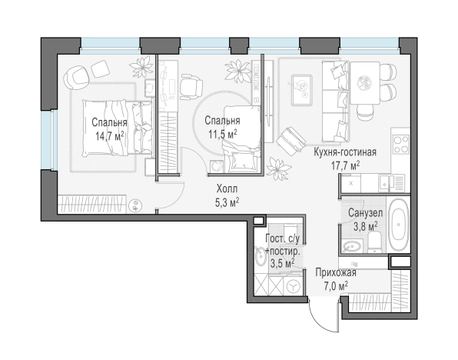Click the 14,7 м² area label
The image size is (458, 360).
(x=110, y=135)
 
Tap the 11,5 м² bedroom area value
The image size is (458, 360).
(x=222, y=134)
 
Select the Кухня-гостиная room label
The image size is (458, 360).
(x=345, y=152)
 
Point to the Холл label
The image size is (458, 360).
(x=227, y=188)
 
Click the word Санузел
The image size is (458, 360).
(x=366, y=213)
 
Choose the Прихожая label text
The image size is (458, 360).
(x=336, y=272)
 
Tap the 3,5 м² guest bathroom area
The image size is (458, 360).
(x=282, y=263)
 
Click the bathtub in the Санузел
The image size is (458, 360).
(x=398, y=225)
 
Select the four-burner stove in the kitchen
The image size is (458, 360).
(x=401, y=145)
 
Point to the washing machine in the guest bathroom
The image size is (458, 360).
(x=293, y=285)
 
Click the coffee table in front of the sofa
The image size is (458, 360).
(x=302, y=90)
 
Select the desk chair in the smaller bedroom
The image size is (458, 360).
(x=191, y=86)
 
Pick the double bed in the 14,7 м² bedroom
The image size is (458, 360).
(x=118, y=127)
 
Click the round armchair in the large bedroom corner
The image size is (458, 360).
(x=76, y=77)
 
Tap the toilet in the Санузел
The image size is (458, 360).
(x=375, y=242)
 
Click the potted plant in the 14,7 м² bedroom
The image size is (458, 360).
(x=142, y=66)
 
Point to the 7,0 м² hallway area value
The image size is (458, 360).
(x=336, y=285)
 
